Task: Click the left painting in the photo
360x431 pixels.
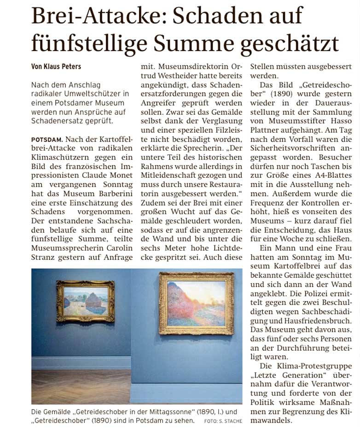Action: point(85,301)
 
